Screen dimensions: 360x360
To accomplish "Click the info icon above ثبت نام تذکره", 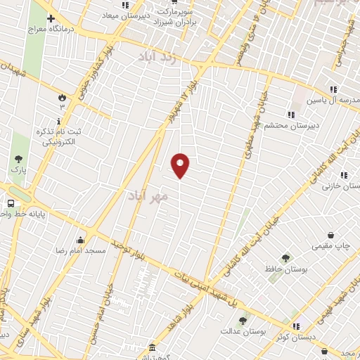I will click(59, 120).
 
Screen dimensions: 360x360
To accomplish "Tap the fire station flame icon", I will click(62, 96).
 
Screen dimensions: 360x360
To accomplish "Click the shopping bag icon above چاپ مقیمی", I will click(330, 235).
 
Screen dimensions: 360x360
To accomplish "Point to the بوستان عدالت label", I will click(241, 331).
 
